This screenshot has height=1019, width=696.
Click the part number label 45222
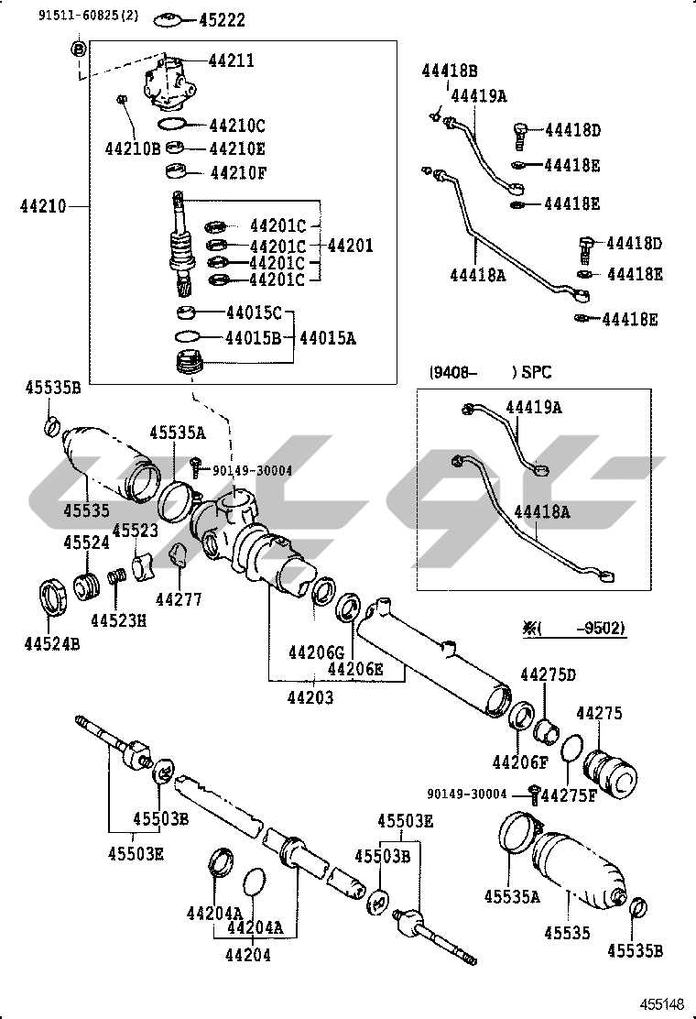point(223,20)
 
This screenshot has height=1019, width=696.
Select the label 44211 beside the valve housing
point(232,60)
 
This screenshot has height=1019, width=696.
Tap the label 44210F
point(237,171)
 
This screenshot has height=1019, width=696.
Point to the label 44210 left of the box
point(41,207)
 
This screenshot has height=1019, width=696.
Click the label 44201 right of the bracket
point(350,246)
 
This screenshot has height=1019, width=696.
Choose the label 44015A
point(326,338)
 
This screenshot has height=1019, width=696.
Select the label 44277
point(178,599)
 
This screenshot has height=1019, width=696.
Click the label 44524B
point(52,643)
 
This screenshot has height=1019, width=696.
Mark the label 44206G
point(315,652)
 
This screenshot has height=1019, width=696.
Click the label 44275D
point(549,675)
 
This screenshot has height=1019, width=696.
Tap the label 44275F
point(568,794)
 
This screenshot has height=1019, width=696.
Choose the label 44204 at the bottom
point(249,954)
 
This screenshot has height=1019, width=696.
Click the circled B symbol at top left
point(79,48)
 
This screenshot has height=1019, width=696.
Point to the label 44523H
point(118,620)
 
